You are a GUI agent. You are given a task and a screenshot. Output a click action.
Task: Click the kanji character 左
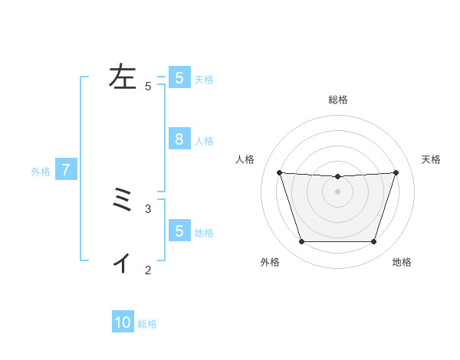(123, 77)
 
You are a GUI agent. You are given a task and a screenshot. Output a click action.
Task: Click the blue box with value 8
(179, 139)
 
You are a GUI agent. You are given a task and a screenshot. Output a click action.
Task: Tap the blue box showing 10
(123, 322)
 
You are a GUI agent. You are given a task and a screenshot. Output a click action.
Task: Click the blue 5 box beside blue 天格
(179, 78)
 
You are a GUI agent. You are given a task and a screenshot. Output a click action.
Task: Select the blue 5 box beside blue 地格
(179, 231)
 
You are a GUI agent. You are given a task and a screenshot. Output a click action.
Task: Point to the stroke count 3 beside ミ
(148, 208)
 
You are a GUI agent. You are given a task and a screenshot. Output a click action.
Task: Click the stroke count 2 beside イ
(148, 270)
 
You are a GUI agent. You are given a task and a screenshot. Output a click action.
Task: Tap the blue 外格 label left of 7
(41, 172)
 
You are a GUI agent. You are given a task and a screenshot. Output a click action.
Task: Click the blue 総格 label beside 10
(147, 324)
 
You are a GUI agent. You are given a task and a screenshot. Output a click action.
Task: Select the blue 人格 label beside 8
(204, 141)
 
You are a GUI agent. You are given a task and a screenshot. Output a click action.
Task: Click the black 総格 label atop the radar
(338, 100)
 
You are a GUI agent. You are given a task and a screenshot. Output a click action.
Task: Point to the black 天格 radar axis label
(432, 159)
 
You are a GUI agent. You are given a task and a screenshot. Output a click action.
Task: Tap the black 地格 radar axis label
(402, 263)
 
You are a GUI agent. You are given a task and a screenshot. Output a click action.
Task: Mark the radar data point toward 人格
(279, 172)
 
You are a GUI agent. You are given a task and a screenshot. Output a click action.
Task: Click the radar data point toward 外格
(301, 242)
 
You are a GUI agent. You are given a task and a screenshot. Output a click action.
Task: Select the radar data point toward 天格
(396, 172)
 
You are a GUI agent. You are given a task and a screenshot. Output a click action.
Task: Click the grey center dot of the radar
(338, 191)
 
